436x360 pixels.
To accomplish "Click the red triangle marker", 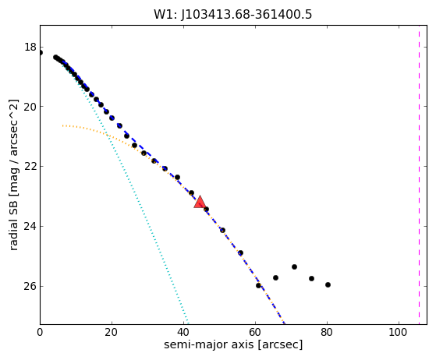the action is tap(200, 203).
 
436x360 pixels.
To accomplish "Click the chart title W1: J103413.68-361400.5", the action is tap(233, 15).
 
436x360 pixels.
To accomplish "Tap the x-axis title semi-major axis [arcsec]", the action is tap(233, 344).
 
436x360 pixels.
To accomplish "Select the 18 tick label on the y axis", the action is tap(30, 47).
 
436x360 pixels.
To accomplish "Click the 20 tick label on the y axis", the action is tap(30, 107).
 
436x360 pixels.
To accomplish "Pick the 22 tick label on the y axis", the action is tap(30, 166).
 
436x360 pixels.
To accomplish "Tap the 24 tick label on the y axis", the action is tap(30, 226).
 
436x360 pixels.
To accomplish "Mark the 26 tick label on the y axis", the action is tap(30, 286).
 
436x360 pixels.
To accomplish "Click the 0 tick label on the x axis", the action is tap(40, 332).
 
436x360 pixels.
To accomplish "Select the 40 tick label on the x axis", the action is tap(183, 332).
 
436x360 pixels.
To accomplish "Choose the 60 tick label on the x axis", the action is tap(255, 332).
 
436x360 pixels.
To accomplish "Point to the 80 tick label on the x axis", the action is tap(327, 332).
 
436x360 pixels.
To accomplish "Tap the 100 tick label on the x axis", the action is tap(399, 332).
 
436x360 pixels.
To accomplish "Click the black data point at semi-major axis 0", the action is tap(41, 53).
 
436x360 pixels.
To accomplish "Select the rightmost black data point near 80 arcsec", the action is tap(328, 284).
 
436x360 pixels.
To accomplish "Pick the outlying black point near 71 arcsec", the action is tap(295, 267).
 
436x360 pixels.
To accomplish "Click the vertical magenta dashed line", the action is tap(419, 175).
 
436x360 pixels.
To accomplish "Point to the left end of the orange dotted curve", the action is tap(63, 125).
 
